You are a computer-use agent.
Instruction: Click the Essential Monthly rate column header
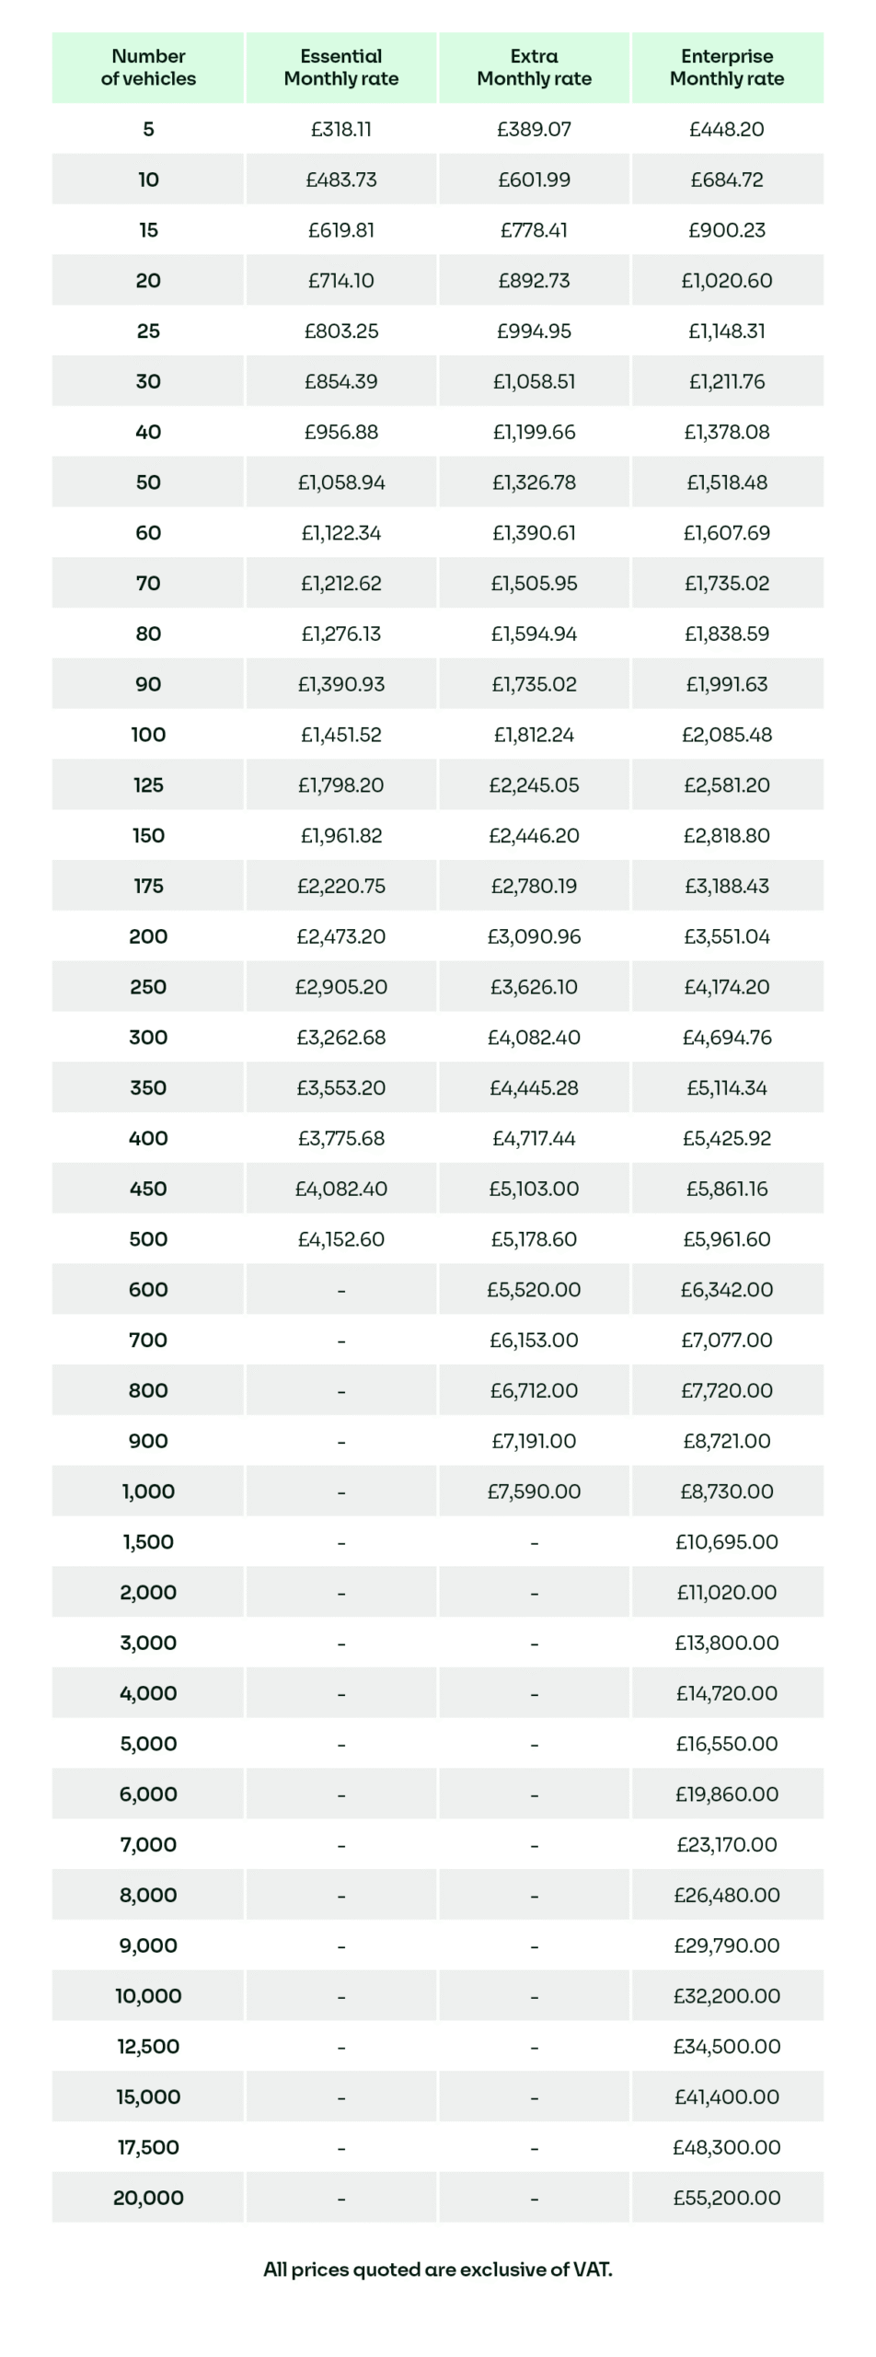[340, 67]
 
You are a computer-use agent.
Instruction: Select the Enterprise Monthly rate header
[726, 67]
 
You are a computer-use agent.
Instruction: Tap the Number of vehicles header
[148, 67]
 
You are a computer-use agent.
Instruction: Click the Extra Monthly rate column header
[534, 67]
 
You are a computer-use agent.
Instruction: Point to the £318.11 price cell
[340, 129]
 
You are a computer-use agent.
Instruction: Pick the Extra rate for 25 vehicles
[534, 331]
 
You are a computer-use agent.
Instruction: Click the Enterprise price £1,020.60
[726, 280]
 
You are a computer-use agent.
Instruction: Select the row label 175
[148, 886]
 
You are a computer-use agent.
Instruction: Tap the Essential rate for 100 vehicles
[340, 735]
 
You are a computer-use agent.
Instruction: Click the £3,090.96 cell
[534, 936]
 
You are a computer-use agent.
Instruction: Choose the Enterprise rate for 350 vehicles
[726, 1087]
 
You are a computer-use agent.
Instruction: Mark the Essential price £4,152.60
[340, 1239]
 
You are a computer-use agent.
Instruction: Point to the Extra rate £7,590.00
[534, 1492]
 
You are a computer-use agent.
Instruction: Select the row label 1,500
[148, 1542]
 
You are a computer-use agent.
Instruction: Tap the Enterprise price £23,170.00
[726, 1844]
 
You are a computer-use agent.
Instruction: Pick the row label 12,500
[148, 2047]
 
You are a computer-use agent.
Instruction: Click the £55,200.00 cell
[726, 2198]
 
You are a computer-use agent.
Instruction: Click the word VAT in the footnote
[591, 2270]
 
